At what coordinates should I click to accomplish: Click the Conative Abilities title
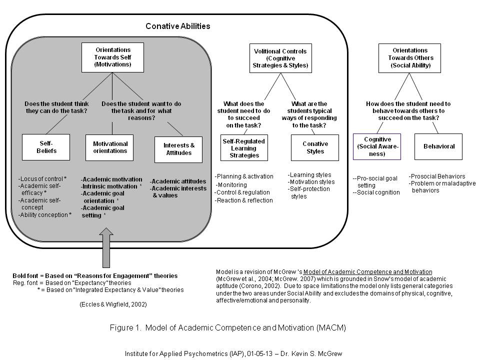tap(177, 26)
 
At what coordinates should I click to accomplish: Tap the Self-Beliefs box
tap(46, 147)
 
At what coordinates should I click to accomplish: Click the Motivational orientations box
tap(110, 147)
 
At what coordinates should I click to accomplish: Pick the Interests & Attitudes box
tap(178, 149)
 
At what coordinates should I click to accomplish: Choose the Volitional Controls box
tap(280, 58)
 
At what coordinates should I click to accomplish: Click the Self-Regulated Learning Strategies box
tap(244, 148)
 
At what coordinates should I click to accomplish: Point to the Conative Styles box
tap(314, 147)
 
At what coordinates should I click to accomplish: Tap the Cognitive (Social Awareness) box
tap(377, 146)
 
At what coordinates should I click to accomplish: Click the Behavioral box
tap(438, 146)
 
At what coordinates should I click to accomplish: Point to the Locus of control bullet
tap(42, 178)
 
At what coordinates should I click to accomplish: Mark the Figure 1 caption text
tap(227, 328)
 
